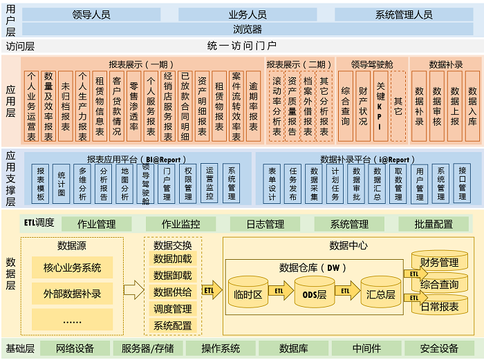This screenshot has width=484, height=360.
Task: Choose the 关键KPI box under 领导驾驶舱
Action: pos(380,106)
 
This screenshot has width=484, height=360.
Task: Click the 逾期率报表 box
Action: pos(253,106)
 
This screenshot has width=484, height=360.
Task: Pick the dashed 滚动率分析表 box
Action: pos(276,106)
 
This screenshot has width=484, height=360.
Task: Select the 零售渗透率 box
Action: pos(133,106)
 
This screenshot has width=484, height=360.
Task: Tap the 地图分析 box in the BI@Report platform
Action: pos(124,183)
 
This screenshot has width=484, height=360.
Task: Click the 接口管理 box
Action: pos(463,183)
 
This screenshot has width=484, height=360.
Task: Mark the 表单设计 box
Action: pos(272,183)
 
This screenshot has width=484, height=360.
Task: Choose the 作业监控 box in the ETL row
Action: pos(180,224)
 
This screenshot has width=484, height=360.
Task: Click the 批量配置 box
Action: pos(434,224)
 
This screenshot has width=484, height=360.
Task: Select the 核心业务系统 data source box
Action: pos(72,268)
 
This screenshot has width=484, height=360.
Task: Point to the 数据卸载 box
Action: pos(173,274)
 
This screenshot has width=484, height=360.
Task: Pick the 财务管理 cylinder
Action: pos(439,263)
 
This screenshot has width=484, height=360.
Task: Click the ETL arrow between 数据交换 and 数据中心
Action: pos(210,291)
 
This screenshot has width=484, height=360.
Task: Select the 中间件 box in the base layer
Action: pos(366,348)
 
